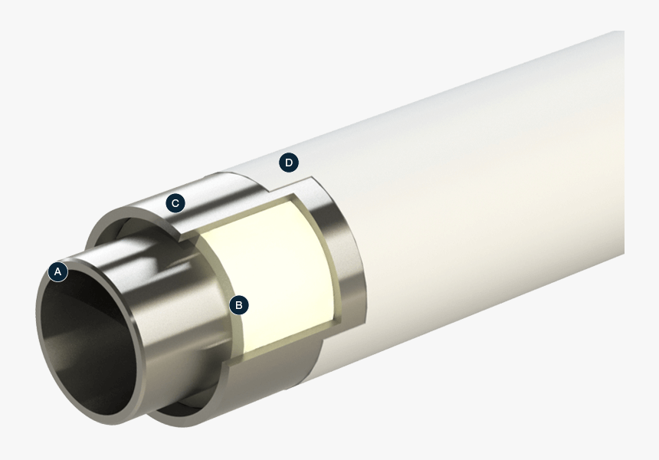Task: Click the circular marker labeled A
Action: (57, 271)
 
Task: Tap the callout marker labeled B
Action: (239, 304)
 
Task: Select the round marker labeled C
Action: (175, 203)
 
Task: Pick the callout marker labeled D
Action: (288, 163)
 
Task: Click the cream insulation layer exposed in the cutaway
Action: (268, 276)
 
